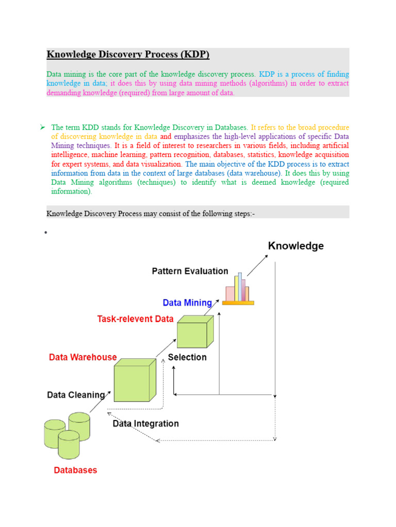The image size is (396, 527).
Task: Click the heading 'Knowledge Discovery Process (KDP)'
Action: (x=128, y=55)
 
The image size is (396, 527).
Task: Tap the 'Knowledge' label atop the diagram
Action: (x=295, y=246)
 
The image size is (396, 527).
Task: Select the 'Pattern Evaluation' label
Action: (x=190, y=271)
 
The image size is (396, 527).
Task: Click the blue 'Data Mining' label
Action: (x=187, y=303)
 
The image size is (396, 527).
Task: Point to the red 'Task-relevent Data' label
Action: (x=135, y=319)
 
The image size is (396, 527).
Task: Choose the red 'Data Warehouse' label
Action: (x=82, y=357)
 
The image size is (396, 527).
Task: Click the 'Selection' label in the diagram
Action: (x=187, y=357)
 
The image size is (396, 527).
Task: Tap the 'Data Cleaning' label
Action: (x=76, y=395)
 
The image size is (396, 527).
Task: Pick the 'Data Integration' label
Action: (x=146, y=424)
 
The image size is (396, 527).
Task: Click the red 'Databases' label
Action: (x=75, y=470)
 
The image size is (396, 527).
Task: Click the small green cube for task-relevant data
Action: (x=195, y=332)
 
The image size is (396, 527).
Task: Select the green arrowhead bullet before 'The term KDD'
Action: (x=43, y=127)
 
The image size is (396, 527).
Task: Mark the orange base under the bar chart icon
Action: (x=238, y=303)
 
